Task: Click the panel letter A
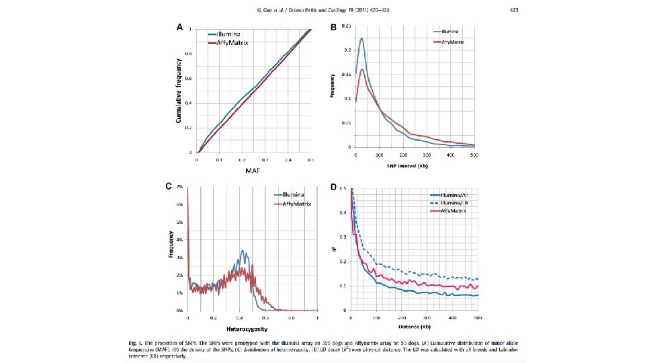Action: (x=180, y=28)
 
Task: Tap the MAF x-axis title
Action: (x=253, y=171)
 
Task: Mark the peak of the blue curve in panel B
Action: (x=361, y=39)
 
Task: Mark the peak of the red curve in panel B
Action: (x=362, y=69)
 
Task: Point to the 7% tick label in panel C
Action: (x=179, y=186)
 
